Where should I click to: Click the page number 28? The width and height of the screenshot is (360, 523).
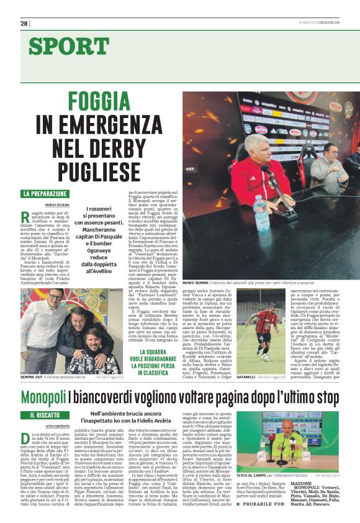click(24, 24)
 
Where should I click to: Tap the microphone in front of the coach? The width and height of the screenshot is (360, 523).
click(269, 177)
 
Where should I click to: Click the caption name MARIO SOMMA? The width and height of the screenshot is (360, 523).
click(195, 283)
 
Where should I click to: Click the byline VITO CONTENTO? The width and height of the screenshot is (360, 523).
click(58, 426)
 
